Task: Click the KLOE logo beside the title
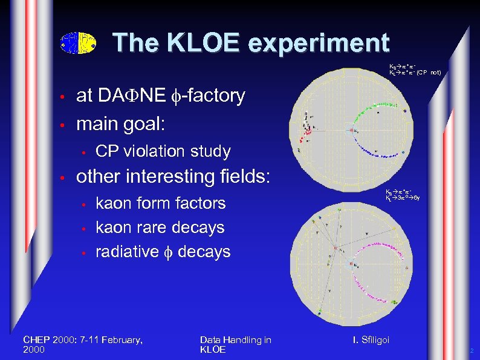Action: point(79,43)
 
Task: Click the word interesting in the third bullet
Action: point(169,177)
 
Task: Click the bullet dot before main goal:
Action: point(62,125)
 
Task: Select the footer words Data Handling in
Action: point(235,340)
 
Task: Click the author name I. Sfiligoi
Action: point(371,340)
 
